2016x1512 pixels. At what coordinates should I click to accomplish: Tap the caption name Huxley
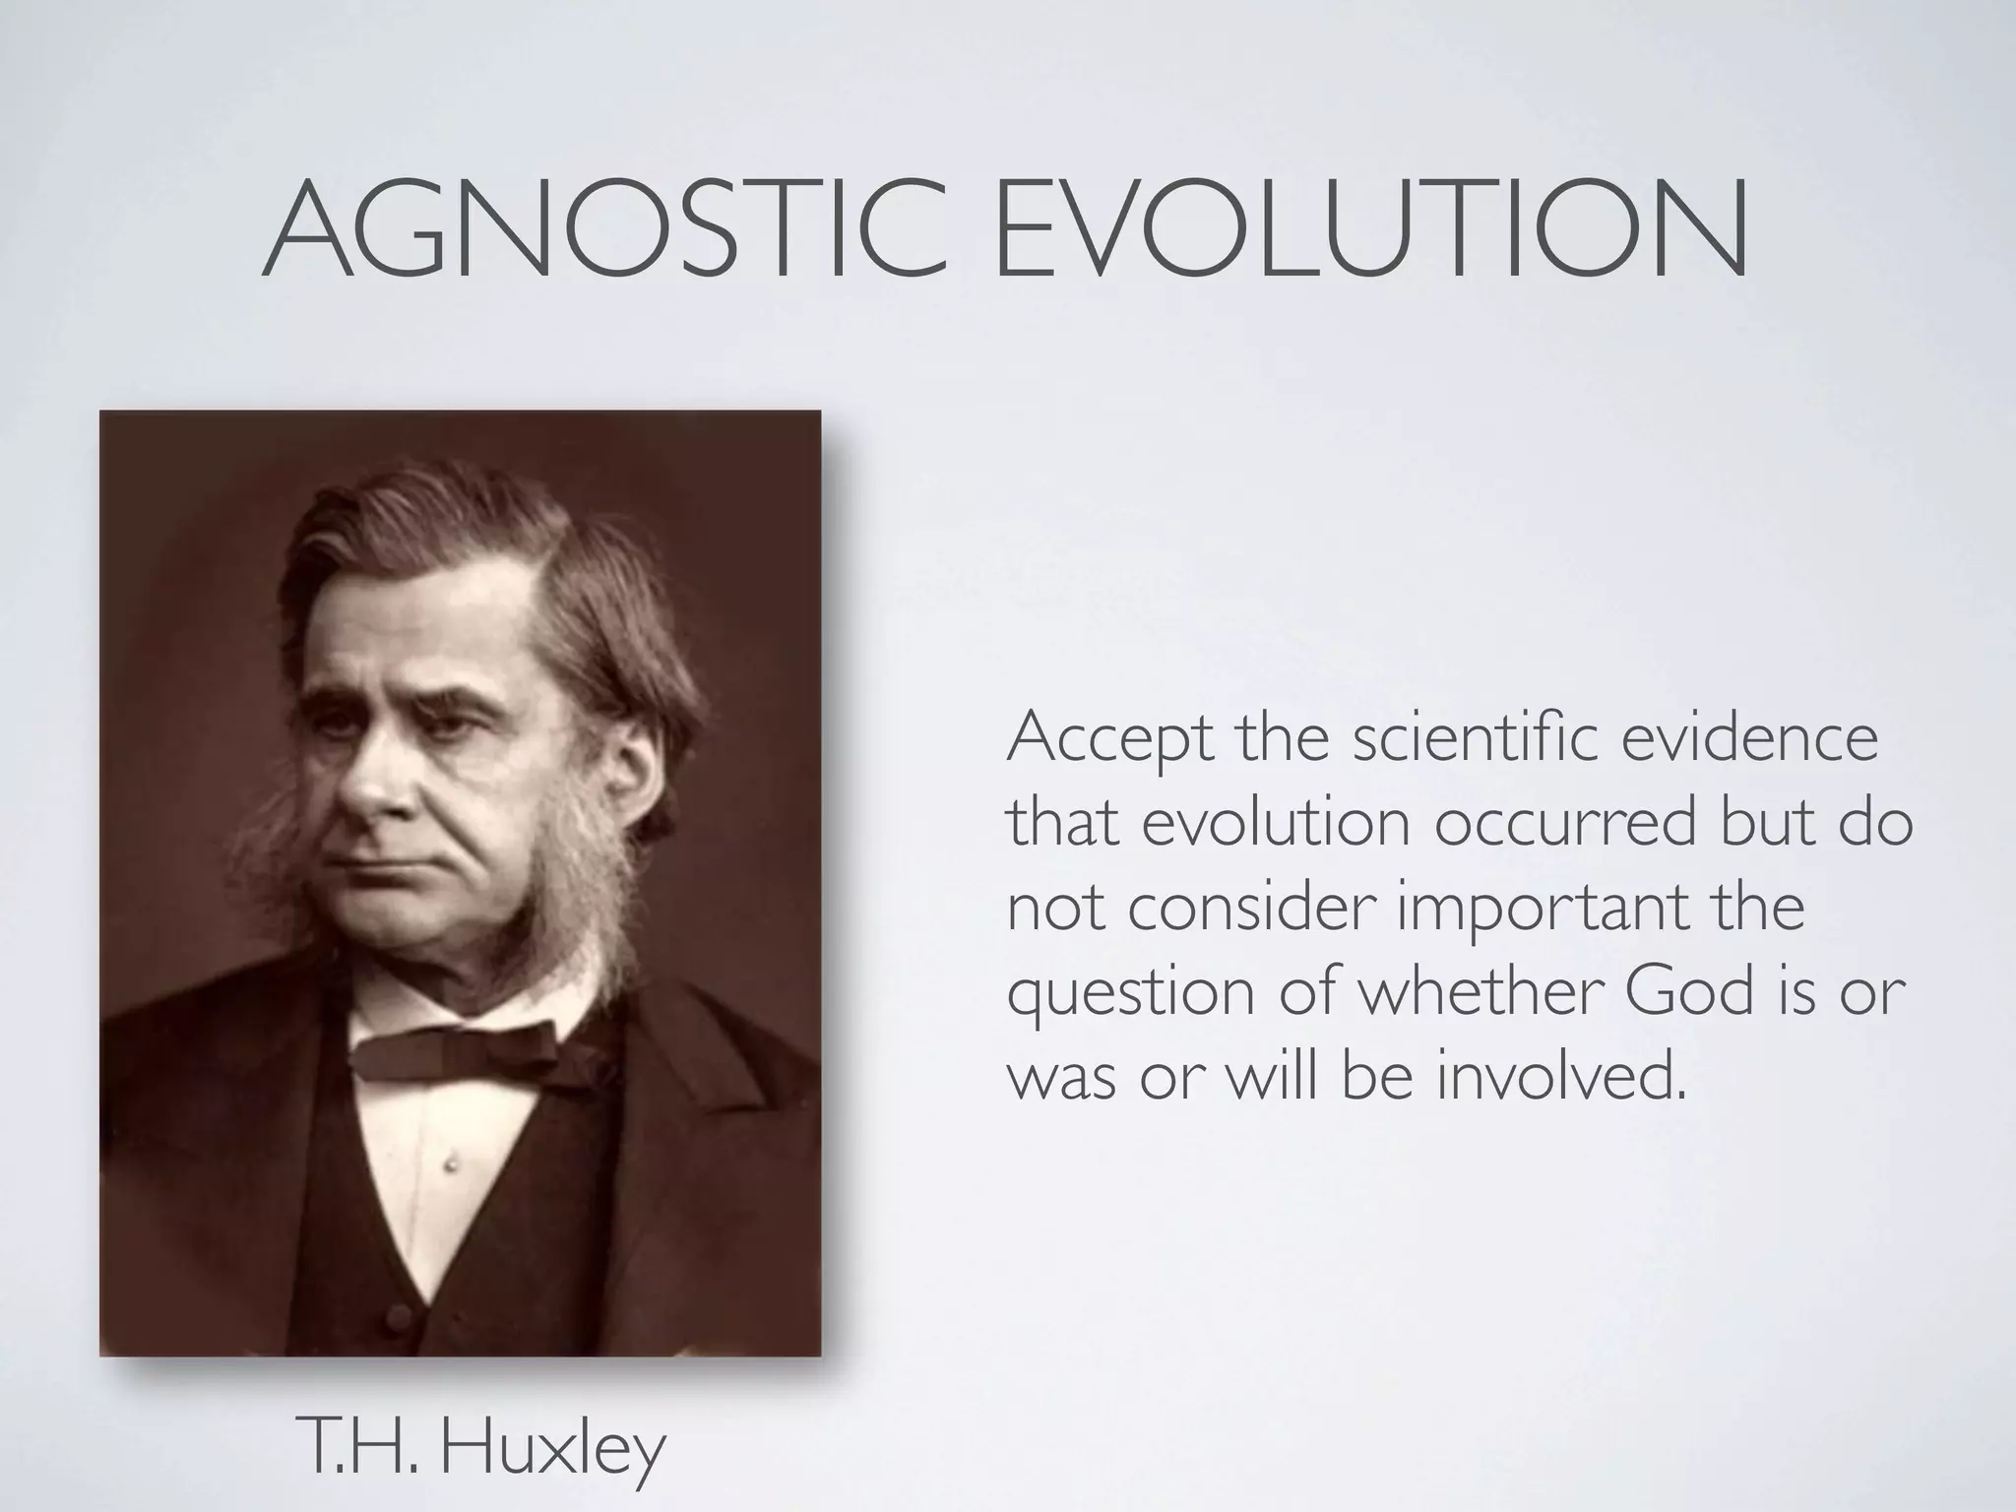[552, 1449]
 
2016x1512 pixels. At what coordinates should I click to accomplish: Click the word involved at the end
[1558, 1075]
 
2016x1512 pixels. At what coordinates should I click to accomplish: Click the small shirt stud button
[452, 1165]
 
